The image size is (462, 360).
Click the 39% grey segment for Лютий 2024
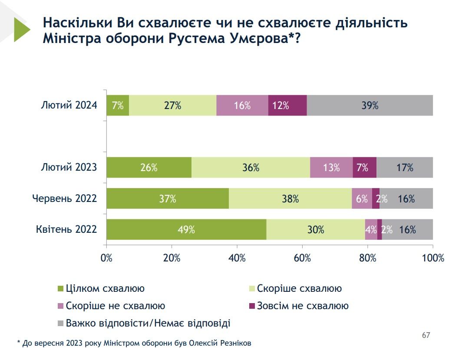point(370,105)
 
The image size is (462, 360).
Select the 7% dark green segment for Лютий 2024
point(118,105)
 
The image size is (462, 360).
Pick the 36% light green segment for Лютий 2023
point(251,168)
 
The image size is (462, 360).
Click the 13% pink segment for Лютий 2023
point(331,168)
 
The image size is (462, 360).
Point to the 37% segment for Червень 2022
point(168,199)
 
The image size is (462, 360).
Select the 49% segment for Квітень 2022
point(186,230)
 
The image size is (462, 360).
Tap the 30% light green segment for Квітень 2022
point(316,230)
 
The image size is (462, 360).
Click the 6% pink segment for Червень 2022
point(362,199)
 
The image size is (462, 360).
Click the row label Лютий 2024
point(69,105)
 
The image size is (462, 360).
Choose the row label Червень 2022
point(65,199)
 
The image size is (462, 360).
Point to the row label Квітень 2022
point(66,230)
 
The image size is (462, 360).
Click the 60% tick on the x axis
point(302,258)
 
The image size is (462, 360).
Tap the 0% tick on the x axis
point(107,258)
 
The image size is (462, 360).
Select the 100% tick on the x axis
point(433,258)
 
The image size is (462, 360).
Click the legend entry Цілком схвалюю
point(105,288)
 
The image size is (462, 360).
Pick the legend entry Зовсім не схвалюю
point(303,306)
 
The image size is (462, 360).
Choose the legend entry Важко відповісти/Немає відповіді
point(148,323)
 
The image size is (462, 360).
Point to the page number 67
point(426,335)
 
